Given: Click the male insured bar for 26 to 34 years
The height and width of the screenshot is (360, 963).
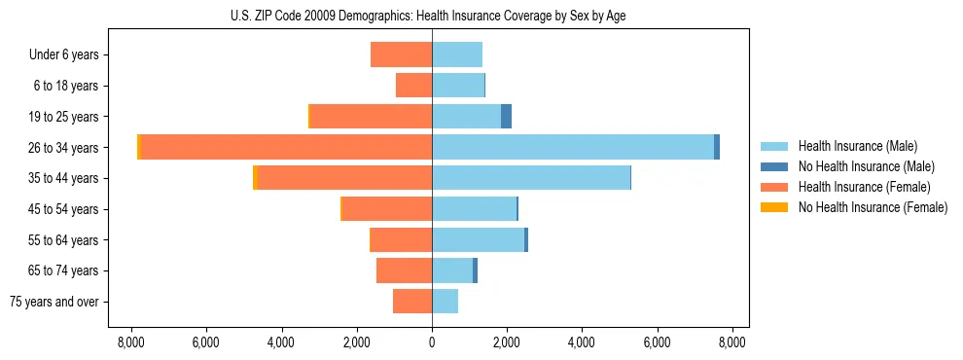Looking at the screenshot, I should point(573,147).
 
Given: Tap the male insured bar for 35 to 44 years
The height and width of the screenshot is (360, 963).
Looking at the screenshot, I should point(531,178).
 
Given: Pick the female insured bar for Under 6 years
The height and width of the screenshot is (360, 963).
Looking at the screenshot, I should point(401,54).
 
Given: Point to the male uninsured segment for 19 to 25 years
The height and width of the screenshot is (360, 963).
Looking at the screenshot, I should point(506,117).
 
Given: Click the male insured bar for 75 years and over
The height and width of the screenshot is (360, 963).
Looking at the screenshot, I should point(445,302).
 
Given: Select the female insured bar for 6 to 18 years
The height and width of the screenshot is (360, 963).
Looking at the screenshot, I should point(413,86).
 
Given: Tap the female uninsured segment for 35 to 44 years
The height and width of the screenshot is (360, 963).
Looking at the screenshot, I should point(255,178).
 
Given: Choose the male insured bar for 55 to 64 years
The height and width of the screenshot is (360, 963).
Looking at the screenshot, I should point(478,239).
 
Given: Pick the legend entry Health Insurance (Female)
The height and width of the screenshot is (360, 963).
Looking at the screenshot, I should point(864,187).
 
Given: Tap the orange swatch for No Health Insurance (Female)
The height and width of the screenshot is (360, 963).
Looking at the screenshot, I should point(775,207).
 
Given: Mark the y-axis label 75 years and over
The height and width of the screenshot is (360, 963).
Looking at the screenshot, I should point(54,302).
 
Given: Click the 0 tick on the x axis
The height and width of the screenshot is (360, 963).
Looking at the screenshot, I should point(432,342).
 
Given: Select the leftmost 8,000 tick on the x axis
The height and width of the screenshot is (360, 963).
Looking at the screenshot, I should point(130,342).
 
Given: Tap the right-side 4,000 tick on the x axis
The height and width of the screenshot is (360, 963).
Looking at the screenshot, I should point(582,342).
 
